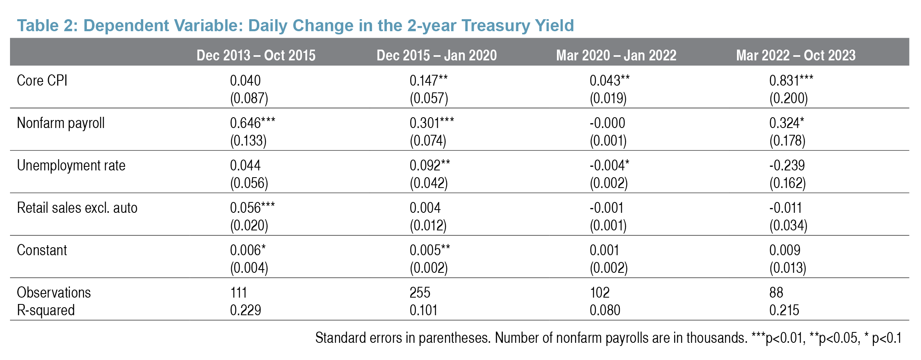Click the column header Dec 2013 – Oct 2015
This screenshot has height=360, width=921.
pos(256,55)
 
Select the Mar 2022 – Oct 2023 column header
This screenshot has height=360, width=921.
pos(795,55)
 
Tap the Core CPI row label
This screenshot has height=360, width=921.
pos(42,80)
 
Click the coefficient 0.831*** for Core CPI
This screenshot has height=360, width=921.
pos(791,80)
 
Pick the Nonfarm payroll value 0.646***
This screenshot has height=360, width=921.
pos(252,123)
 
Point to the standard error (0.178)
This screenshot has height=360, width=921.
pos(787,140)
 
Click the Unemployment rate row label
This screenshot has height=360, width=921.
pos(71,165)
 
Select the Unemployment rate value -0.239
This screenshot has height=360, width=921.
pos(787,165)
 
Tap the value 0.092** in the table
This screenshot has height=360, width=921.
pos(429,165)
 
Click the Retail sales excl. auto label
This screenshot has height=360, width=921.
pos(77,208)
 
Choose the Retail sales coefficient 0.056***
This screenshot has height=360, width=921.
pos(252,208)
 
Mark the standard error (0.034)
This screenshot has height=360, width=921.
pos(788,225)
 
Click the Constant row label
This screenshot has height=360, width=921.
pos(42,250)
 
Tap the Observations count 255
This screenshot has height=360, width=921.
pos(420,292)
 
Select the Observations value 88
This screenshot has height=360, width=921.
pos(776,292)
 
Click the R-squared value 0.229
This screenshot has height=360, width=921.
pos(245,310)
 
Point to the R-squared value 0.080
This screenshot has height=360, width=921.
pos(605,310)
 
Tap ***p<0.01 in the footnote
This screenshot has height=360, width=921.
pos(777,338)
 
